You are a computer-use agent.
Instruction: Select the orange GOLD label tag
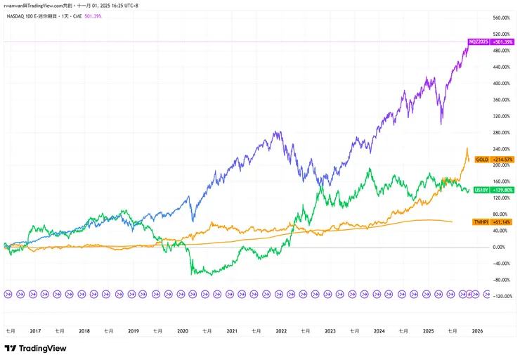[x=482, y=160]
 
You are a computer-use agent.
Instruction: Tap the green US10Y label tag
[x=482, y=190]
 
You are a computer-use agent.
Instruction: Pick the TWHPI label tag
[x=482, y=221]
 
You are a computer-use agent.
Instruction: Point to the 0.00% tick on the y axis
[x=499, y=247]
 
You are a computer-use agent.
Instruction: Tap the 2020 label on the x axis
[x=182, y=330]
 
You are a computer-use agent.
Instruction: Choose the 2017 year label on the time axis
[x=35, y=330]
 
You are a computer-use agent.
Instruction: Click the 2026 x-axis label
[x=476, y=330]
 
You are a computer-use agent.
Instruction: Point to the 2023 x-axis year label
[x=330, y=330]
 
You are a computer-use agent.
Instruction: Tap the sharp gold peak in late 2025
[x=467, y=148]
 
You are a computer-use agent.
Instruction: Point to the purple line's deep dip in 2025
[x=441, y=124]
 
